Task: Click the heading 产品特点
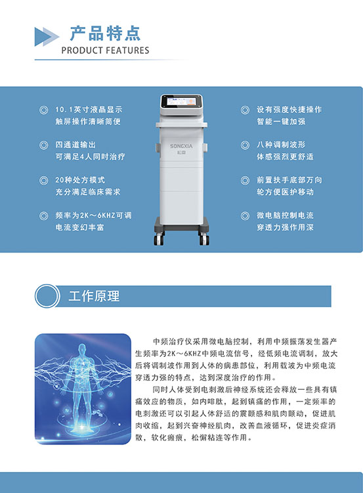click(105, 34)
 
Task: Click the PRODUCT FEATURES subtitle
click(105, 51)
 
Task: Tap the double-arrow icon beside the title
click(47, 37)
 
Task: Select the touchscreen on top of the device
click(181, 101)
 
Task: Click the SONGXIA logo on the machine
click(181, 146)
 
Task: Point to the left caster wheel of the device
click(159, 239)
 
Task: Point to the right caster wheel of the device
click(204, 239)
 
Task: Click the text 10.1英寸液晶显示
click(89, 109)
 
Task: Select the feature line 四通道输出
click(75, 145)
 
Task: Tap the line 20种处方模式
click(80, 180)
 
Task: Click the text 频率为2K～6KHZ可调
click(94, 216)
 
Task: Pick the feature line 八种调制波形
click(281, 145)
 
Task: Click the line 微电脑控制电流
click(285, 216)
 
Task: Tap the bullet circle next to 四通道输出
click(43, 145)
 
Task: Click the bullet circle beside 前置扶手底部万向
click(246, 180)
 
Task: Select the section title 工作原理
click(95, 296)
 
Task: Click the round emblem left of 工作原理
click(47, 296)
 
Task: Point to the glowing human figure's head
click(82, 348)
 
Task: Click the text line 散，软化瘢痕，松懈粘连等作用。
click(194, 437)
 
